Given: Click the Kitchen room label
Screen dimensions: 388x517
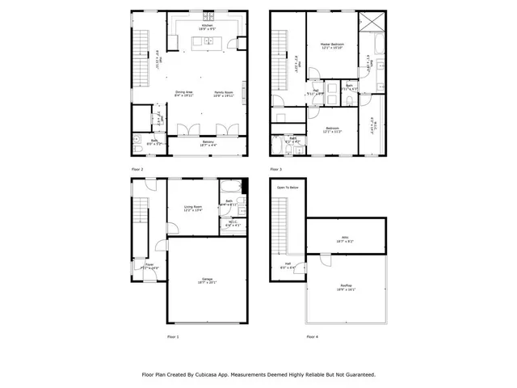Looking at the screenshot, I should [x=207, y=25].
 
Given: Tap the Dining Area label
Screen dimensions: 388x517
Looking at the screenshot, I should [x=185, y=92].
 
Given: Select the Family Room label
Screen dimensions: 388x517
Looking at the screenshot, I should [x=224, y=92].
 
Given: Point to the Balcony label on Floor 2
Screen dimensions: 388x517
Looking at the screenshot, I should [x=208, y=141].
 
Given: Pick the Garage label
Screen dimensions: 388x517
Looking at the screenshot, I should [x=207, y=279].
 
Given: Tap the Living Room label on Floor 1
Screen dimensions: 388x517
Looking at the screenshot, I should [x=192, y=207].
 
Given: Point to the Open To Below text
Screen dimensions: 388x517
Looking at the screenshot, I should [x=287, y=187].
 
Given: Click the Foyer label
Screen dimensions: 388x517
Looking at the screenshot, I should [x=149, y=264].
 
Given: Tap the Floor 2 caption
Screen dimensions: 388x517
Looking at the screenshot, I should [x=137, y=169].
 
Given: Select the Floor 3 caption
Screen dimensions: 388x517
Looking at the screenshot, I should [x=275, y=169].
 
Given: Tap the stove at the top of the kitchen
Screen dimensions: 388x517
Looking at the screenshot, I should [x=208, y=15].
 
